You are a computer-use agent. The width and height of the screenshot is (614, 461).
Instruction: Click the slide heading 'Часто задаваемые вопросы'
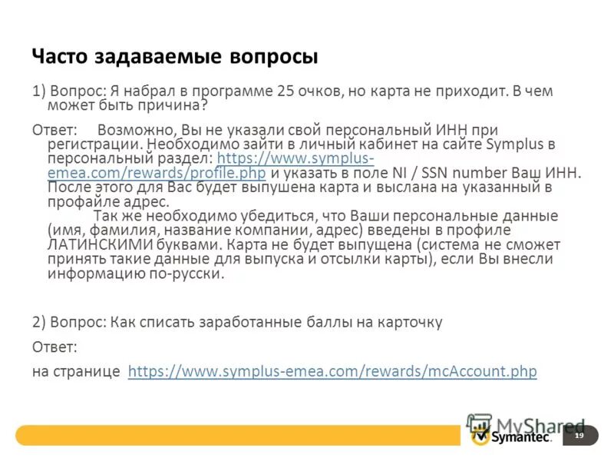click(174, 57)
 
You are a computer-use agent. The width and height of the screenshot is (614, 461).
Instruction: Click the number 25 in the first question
click(286, 91)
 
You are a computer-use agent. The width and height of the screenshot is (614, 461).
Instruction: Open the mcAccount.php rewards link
click(332, 371)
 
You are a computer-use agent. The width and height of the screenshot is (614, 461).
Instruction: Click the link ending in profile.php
click(156, 173)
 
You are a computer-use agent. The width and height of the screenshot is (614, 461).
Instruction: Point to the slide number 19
click(579, 436)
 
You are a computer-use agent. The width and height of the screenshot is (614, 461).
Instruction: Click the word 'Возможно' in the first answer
click(132, 130)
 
